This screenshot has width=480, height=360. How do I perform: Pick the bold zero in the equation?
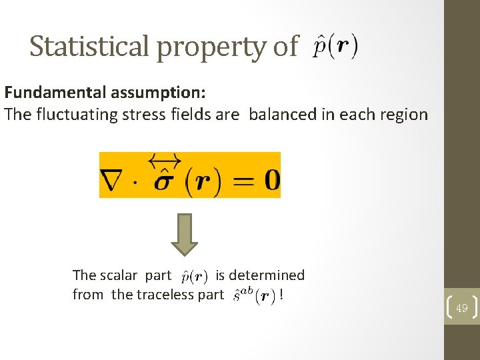pyautogui.click(x=271, y=180)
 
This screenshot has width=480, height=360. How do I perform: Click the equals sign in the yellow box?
pyautogui.click(x=242, y=180)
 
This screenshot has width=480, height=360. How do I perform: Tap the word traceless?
pyautogui.click(x=149, y=295)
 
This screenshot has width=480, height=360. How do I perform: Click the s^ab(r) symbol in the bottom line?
pyautogui.click(x=255, y=295)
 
